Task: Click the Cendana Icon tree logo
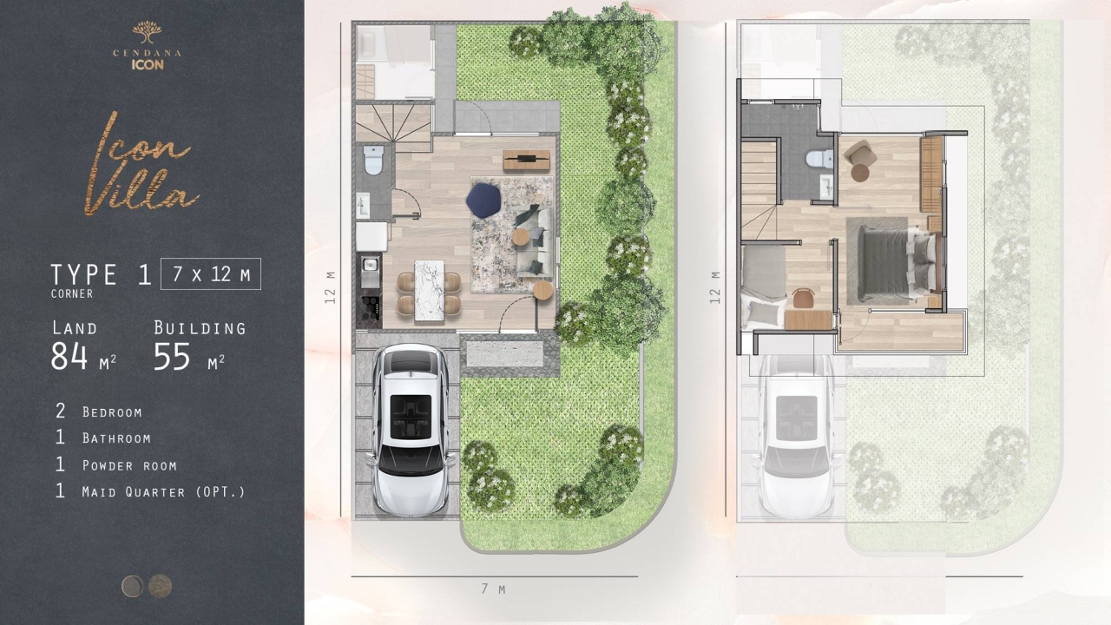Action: point(147,32)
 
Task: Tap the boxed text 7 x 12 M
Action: point(211,273)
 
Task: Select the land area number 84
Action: point(69,356)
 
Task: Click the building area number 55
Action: point(172,356)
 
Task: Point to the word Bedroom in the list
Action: point(112,412)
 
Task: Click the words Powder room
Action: point(129,465)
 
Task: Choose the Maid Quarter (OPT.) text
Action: point(164,491)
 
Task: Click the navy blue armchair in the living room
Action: point(483,200)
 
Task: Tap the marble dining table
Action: point(429,291)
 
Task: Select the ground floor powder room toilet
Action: point(373,160)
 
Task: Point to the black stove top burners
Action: point(371,307)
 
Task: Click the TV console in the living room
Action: point(527,160)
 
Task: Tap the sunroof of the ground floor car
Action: point(411,417)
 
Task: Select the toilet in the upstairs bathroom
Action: point(819,159)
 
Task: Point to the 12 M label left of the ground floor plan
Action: point(330,287)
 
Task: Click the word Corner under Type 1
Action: point(72,293)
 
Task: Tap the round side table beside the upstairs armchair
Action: point(860,173)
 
